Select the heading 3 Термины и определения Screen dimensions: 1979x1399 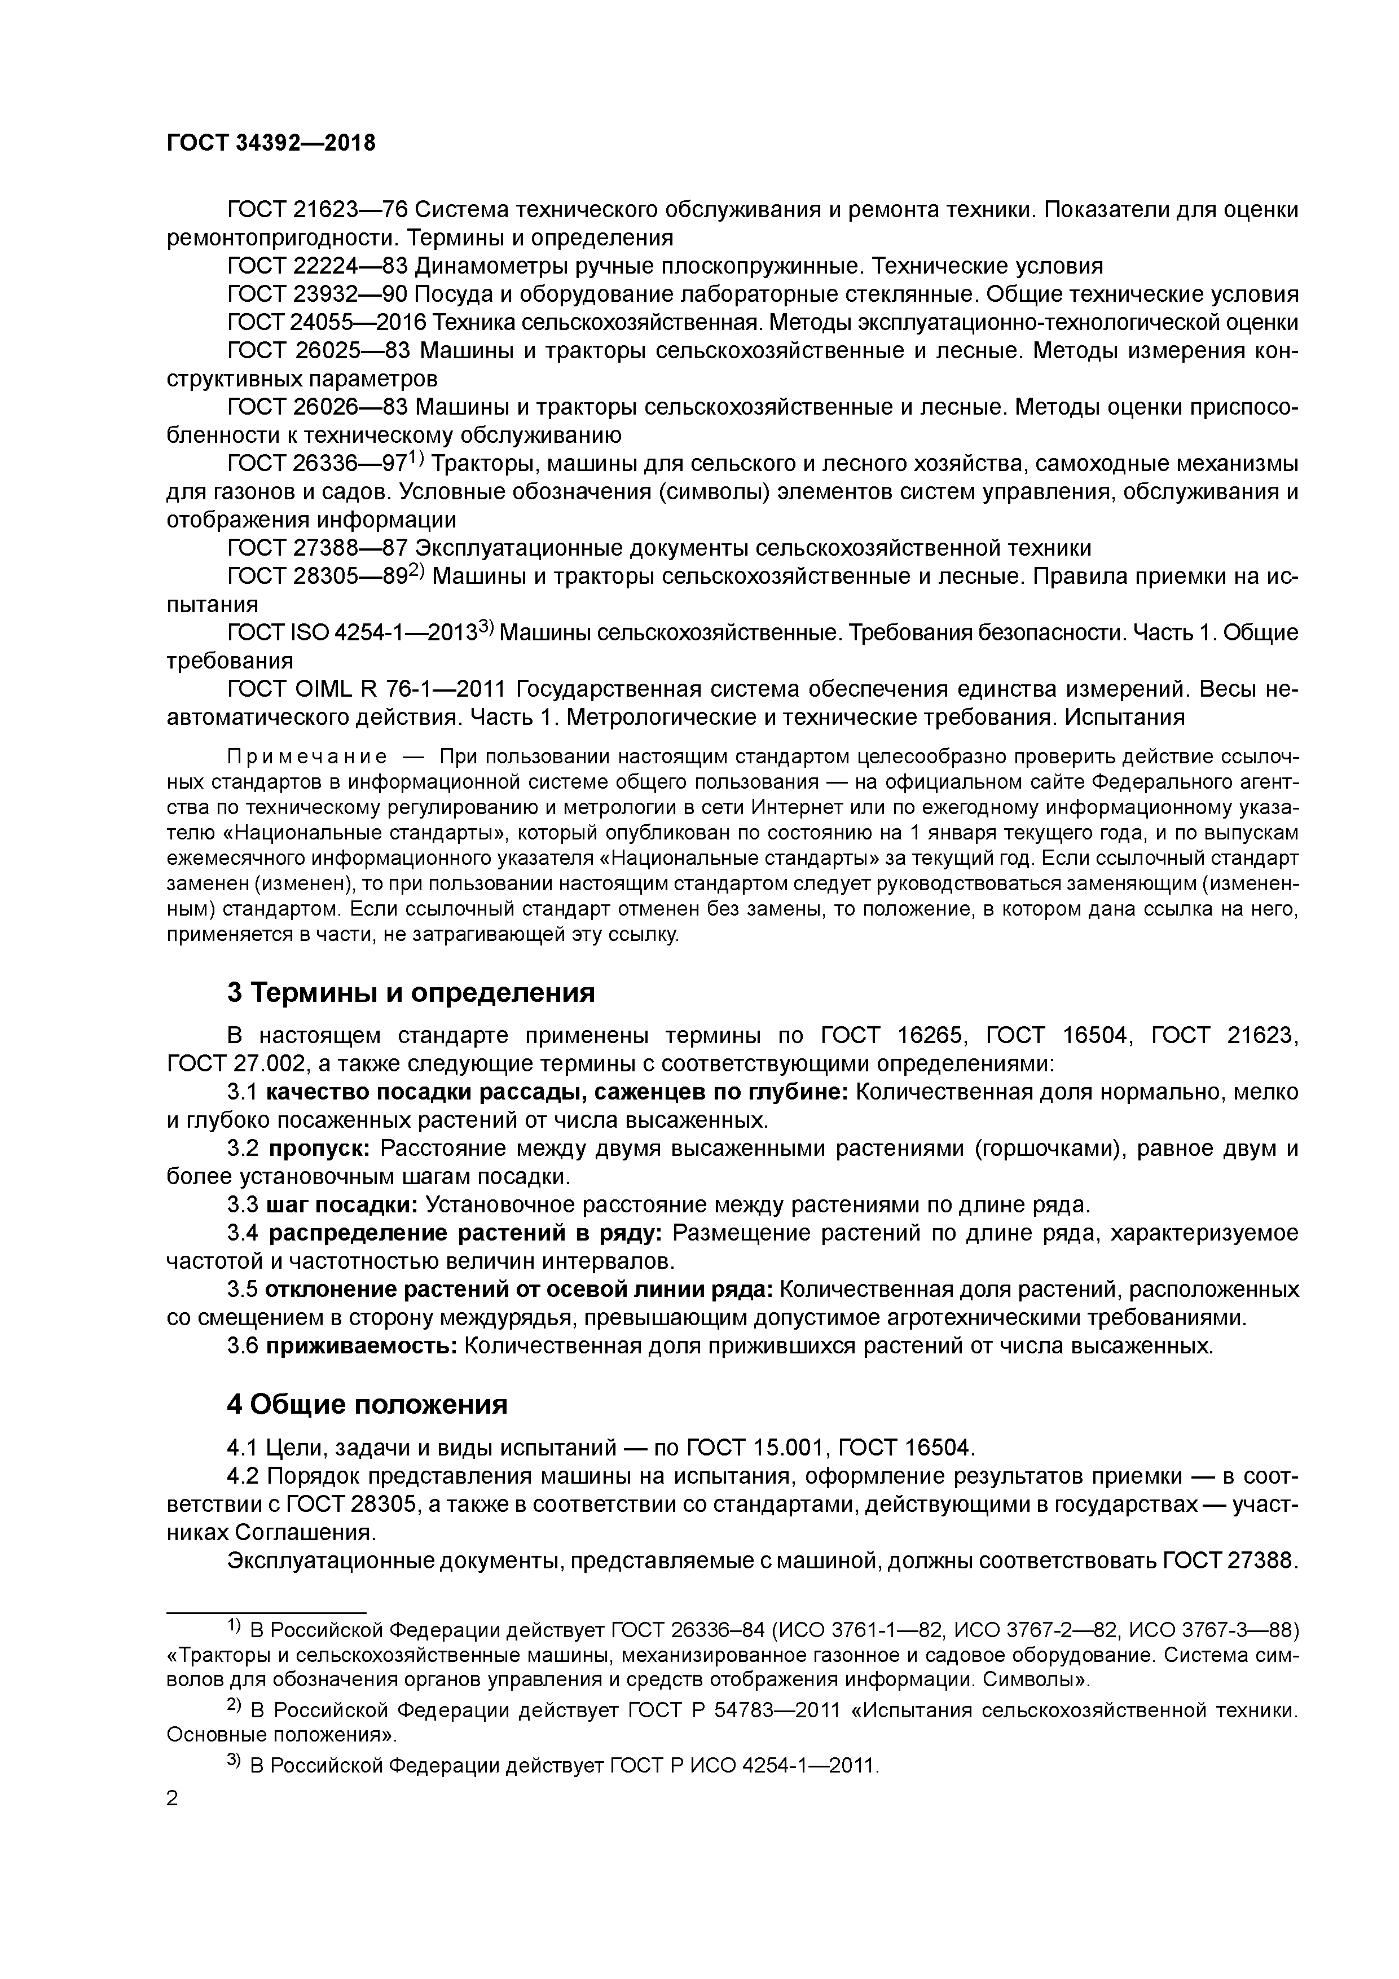click(411, 993)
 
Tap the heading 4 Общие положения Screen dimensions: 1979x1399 click(367, 1405)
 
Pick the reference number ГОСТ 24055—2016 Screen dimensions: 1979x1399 click(327, 322)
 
